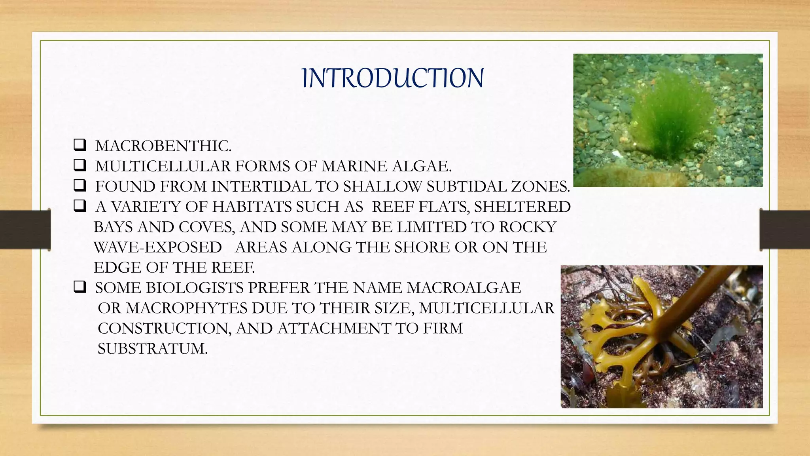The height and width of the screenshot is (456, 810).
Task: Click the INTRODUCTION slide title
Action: point(392,78)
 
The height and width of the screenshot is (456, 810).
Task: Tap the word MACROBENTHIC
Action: point(163,146)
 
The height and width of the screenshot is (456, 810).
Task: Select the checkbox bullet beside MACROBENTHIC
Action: point(79,145)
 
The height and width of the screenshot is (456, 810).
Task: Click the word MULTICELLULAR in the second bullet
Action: point(163,166)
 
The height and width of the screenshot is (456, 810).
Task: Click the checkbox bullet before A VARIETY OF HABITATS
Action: point(79,206)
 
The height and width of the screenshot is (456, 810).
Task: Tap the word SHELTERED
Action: point(522,207)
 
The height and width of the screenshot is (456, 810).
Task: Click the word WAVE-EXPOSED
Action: point(158,247)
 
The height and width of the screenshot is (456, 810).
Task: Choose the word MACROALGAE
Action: point(464,288)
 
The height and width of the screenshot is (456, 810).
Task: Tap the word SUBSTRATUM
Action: point(152,349)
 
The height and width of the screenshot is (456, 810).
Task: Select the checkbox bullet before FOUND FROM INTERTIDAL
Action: point(79,186)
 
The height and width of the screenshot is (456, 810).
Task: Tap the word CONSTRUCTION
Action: point(164,329)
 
